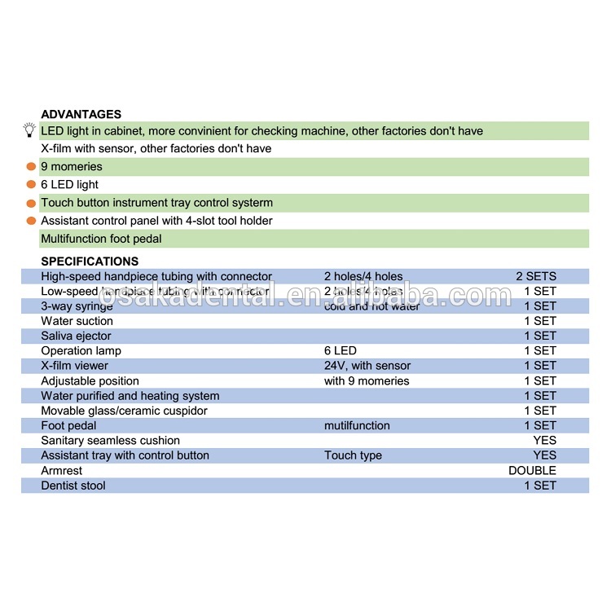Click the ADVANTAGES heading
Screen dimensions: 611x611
click(x=81, y=115)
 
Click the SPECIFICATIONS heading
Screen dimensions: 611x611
click(x=90, y=262)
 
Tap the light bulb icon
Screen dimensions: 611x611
click(x=29, y=130)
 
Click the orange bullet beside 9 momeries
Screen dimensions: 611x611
click(x=31, y=167)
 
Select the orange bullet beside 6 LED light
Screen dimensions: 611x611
click(x=31, y=185)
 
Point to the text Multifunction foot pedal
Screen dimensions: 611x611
click(x=101, y=239)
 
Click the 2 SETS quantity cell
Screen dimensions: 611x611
click(x=536, y=276)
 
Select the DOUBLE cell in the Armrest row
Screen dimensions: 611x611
click(x=532, y=470)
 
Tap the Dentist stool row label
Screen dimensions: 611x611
click(x=73, y=486)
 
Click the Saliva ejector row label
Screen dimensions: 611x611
click(x=76, y=336)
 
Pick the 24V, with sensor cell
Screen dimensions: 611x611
click(x=367, y=366)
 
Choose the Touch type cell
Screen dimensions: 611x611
click(x=353, y=455)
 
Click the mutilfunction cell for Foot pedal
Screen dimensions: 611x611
click(x=357, y=425)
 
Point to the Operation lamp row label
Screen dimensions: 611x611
click(x=81, y=351)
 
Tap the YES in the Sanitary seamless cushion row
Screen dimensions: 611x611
click(x=544, y=441)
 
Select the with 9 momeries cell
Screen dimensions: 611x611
click(x=367, y=380)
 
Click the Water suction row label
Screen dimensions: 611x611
click(x=77, y=321)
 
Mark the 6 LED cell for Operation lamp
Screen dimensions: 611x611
click(x=340, y=351)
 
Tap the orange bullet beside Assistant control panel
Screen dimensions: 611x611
click(x=31, y=221)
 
